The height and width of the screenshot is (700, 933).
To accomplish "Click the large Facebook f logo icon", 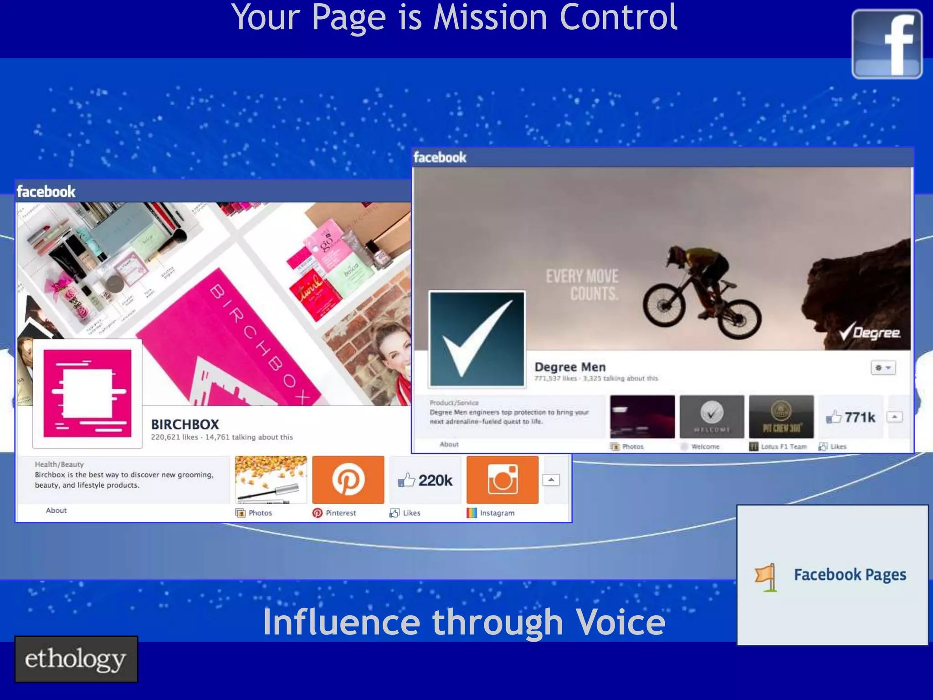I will (x=887, y=44).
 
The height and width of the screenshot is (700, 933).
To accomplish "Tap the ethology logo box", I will (x=76, y=659).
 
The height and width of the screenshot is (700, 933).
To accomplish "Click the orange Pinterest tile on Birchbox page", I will (x=348, y=479).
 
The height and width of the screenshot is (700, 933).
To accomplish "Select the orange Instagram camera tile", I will (x=502, y=479).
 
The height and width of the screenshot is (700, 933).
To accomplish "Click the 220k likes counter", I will (x=425, y=480).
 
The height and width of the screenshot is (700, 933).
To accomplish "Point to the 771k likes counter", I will (x=851, y=417).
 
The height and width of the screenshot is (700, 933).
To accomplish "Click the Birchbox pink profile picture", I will (x=87, y=393).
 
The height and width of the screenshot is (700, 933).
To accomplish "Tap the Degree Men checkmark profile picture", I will (x=477, y=340).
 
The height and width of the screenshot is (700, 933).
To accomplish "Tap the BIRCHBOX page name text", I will (x=185, y=424).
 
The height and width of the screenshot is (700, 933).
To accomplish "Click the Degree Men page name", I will (x=570, y=367).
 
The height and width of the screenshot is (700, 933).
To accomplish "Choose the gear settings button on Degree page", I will (x=883, y=368).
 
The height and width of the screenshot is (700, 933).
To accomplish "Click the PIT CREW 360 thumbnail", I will (x=781, y=417).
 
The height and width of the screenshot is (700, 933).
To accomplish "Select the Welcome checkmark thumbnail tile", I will (x=712, y=417).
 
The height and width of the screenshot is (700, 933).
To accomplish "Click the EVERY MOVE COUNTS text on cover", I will (x=583, y=285).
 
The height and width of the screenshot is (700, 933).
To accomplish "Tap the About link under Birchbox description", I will (x=56, y=510).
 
